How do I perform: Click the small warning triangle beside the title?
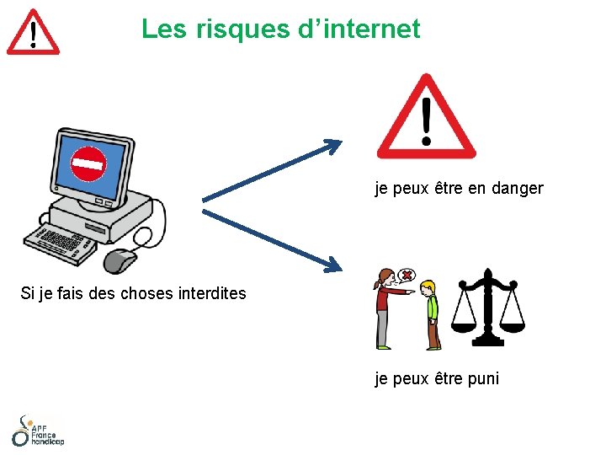point(33,33)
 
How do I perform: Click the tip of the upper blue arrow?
point(340,142)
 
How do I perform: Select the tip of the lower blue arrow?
point(340,269)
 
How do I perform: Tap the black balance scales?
point(487,308)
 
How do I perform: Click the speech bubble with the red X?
point(407,276)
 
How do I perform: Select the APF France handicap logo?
point(37,431)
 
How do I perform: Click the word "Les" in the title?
point(165,29)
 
